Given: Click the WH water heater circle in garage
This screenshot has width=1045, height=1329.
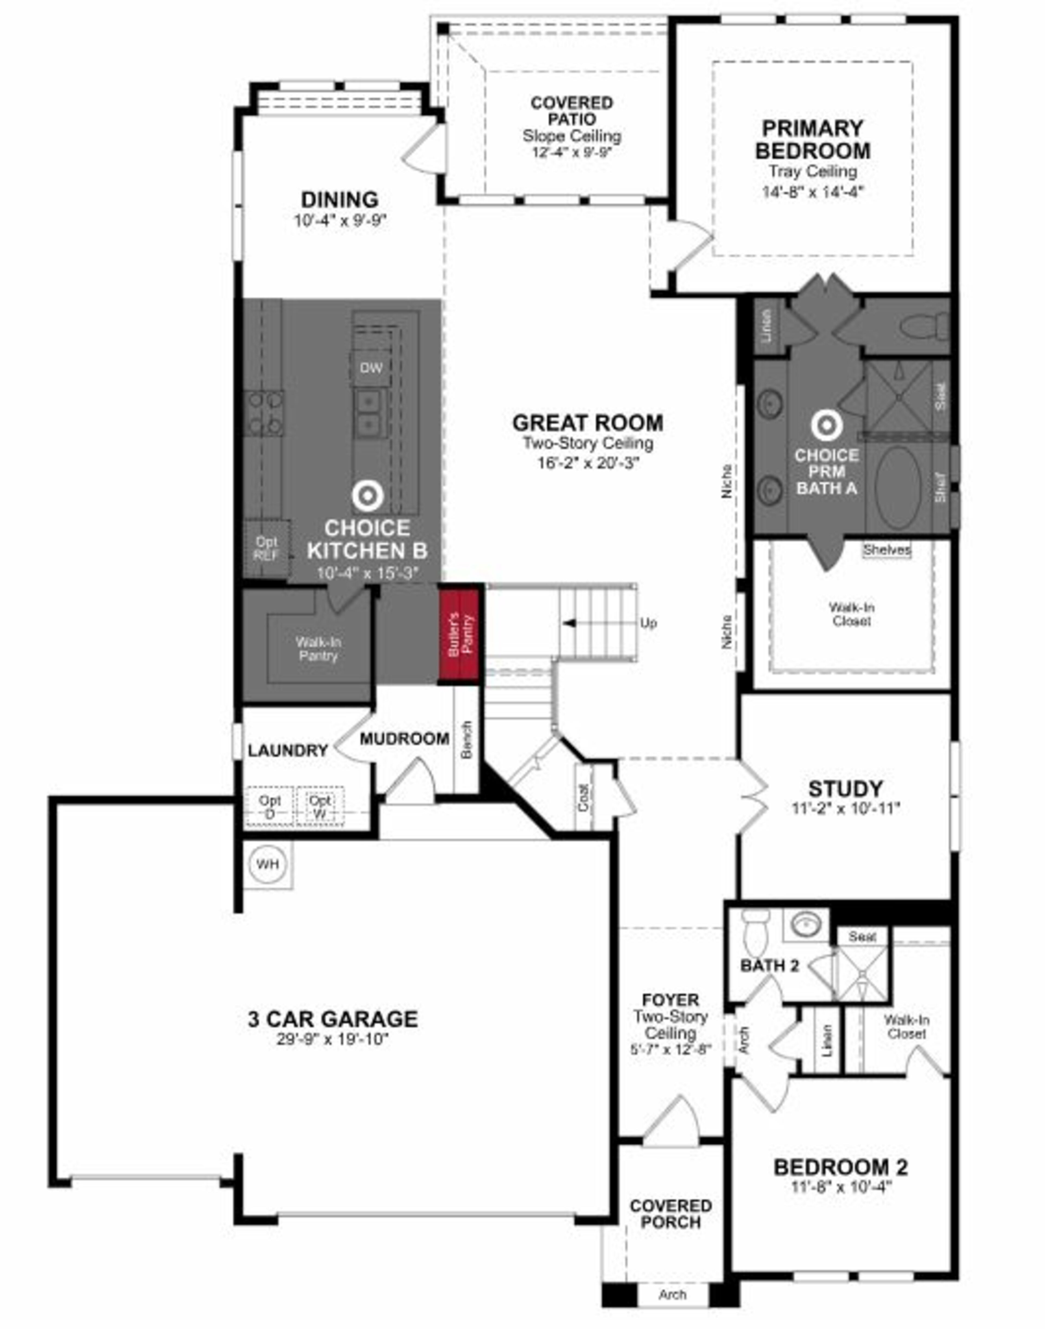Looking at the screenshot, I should [267, 865].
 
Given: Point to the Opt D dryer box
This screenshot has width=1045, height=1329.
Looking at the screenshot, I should [270, 807].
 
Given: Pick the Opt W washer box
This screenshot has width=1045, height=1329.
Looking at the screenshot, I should [320, 807].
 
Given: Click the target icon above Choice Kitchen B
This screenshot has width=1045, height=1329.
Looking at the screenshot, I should [368, 496].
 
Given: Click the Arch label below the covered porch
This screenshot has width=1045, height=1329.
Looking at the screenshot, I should [672, 1295].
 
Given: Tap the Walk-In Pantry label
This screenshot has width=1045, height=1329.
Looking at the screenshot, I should [318, 649].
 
